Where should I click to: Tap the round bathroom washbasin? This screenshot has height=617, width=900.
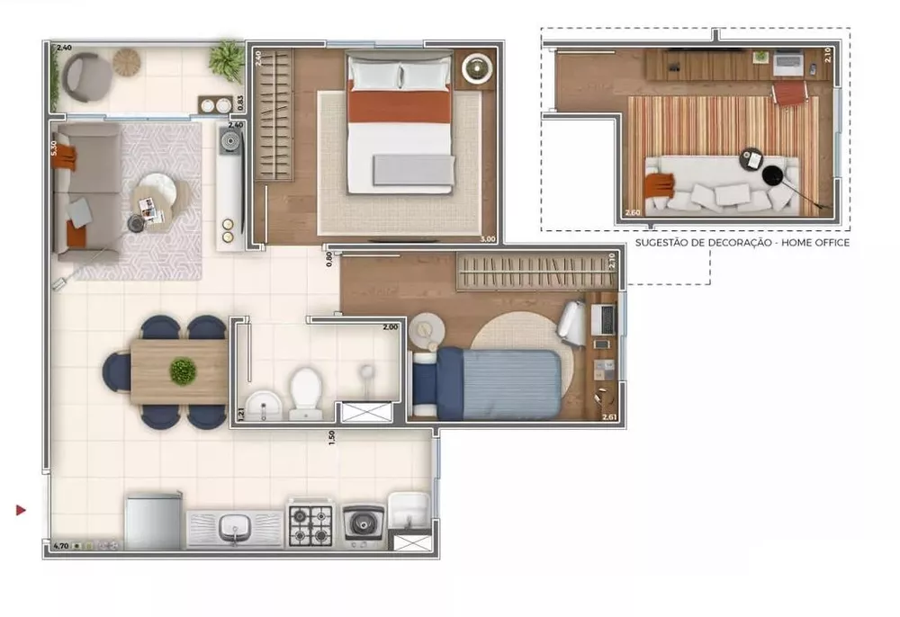pyautogui.click(x=262, y=404)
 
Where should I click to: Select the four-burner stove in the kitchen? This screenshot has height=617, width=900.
pyautogui.click(x=310, y=525)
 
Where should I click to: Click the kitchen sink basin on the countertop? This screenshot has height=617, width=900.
pyautogui.click(x=234, y=525)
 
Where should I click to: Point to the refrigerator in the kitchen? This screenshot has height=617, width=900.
pyautogui.click(x=153, y=522)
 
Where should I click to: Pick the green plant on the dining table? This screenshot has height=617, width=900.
pyautogui.click(x=183, y=371)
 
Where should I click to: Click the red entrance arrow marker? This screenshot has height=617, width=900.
pyautogui.click(x=21, y=510)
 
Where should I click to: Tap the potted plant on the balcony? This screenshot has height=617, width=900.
pyautogui.click(x=226, y=60)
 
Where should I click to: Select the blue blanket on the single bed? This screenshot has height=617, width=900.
pyautogui.click(x=510, y=384)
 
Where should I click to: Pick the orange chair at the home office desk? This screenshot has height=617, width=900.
pyautogui.click(x=789, y=92)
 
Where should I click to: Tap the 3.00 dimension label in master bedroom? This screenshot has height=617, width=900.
pyautogui.click(x=488, y=239)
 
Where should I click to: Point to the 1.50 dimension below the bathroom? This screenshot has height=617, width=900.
pyautogui.click(x=332, y=435)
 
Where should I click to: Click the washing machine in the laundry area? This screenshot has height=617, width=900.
pyautogui.click(x=364, y=525)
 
